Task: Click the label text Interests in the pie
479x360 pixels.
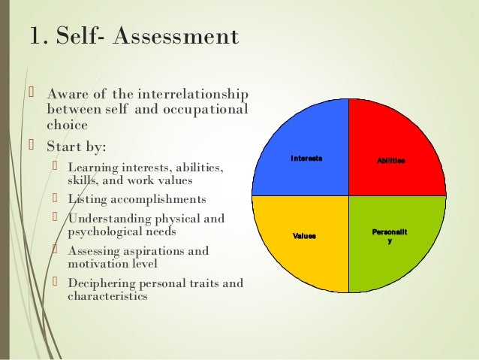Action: click(x=306, y=159)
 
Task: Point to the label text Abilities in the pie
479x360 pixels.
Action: click(x=390, y=160)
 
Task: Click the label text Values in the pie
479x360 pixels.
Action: click(x=304, y=236)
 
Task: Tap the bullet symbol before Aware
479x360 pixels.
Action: click(x=32, y=93)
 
